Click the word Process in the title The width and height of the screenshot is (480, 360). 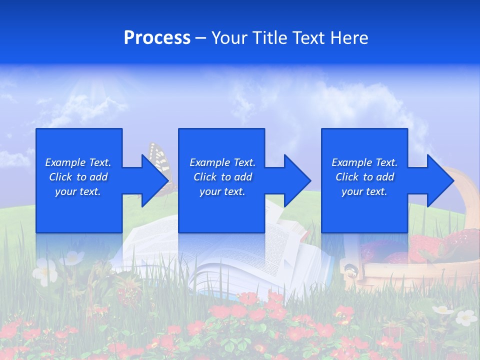click(x=157, y=38)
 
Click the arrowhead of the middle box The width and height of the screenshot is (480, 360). click(x=296, y=180)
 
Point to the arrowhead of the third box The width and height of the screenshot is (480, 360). click(x=439, y=180)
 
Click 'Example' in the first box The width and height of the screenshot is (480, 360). click(x=65, y=162)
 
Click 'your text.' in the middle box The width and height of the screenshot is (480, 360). click(x=222, y=191)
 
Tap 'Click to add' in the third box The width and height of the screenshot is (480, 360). click(x=364, y=177)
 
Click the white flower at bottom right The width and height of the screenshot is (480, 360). click(x=466, y=317)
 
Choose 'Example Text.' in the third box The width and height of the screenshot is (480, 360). click(x=364, y=162)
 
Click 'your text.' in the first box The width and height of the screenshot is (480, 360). click(x=78, y=191)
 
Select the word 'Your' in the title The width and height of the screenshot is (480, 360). click(x=230, y=38)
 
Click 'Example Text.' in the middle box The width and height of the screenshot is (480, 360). click(x=222, y=162)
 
